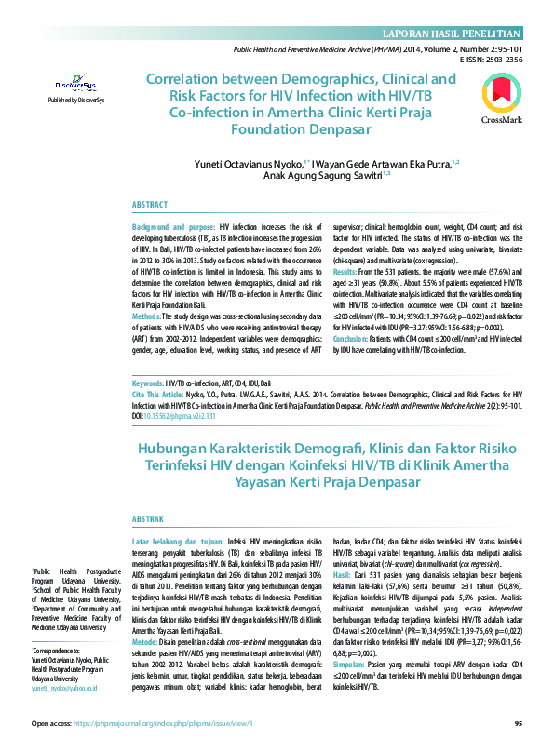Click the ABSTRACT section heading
[x=150, y=204]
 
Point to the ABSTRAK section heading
[x=148, y=519]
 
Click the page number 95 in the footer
[x=518, y=722]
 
